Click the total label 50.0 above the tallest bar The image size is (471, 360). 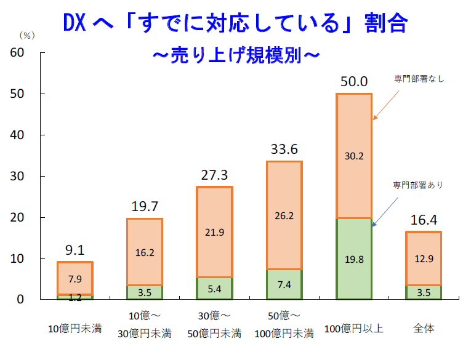point(354,81)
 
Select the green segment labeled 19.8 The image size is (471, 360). point(354,258)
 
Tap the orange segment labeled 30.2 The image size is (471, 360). point(354,156)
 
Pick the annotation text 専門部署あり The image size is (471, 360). point(418,185)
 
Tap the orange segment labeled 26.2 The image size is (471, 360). point(284,215)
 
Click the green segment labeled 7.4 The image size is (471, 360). point(284,284)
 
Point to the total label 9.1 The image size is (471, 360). point(75,250)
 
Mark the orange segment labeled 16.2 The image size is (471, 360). point(145,252)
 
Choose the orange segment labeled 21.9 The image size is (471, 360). point(214,232)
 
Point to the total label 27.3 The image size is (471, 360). point(214,175)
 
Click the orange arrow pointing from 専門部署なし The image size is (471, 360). point(388,102)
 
